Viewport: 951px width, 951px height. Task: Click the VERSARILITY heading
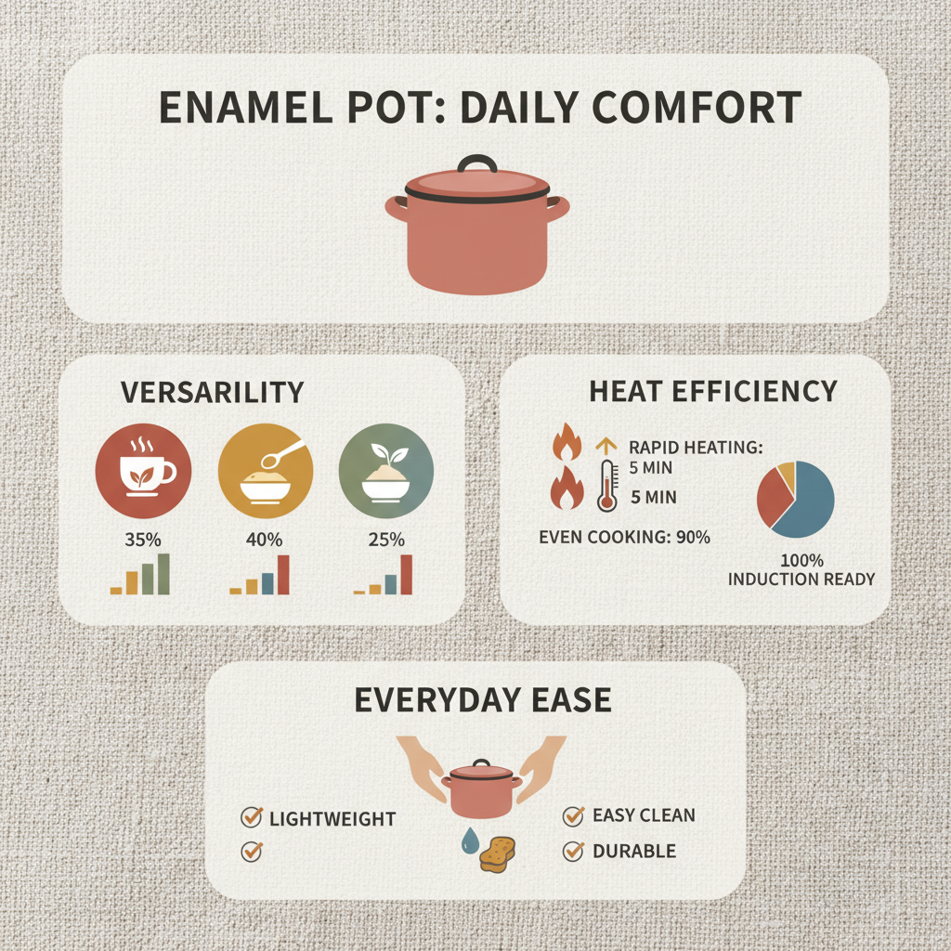pos(213,393)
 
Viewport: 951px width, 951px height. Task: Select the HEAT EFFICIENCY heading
pos(713,392)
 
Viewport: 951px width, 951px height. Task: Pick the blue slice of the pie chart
pos(806,506)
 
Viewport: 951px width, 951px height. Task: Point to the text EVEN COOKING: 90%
pos(624,537)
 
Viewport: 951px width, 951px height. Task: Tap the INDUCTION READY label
pos(801,579)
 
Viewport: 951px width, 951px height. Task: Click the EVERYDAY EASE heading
pos(483,700)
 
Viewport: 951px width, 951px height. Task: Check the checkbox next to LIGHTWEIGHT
pos(251,817)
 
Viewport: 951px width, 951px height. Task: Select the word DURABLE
pos(634,851)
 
